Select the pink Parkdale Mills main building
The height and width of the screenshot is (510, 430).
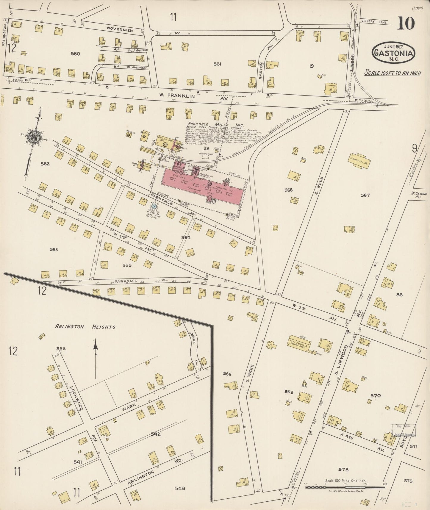(202, 184)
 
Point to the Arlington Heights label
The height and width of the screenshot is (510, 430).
(85, 327)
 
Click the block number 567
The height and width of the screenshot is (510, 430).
(365, 195)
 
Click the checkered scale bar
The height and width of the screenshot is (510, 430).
(345, 487)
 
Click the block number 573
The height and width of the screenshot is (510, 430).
(343, 470)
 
